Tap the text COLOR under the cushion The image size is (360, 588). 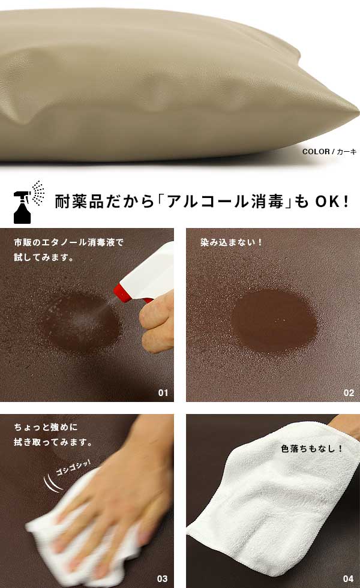(x=316, y=151)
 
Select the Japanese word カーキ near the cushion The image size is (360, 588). (x=347, y=151)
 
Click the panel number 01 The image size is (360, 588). (x=163, y=392)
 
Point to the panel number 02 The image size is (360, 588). (x=349, y=392)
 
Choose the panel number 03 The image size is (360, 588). (x=162, y=578)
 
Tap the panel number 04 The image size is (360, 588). (x=349, y=578)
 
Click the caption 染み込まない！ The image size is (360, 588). (x=231, y=242)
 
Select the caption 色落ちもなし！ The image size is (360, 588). (x=311, y=448)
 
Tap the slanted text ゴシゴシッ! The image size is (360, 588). (x=73, y=467)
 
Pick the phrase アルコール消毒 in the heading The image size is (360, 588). (x=224, y=202)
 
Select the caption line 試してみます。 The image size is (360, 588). (x=44, y=257)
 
